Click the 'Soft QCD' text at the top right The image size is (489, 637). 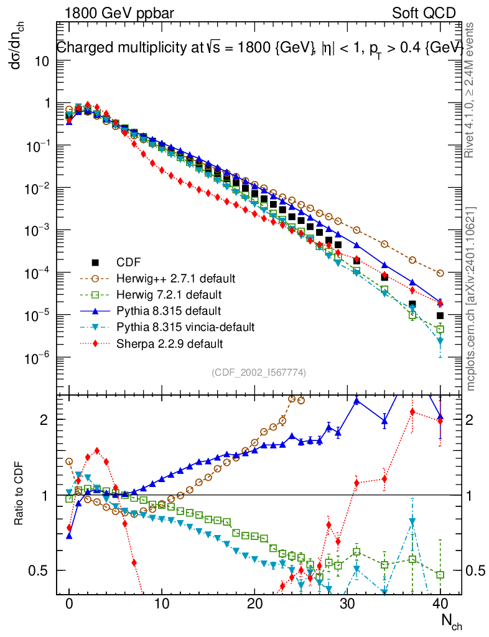pyautogui.click(x=424, y=13)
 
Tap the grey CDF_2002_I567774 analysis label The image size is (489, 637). pyautogui.click(x=258, y=372)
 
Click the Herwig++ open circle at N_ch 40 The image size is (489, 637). pyautogui.click(x=440, y=273)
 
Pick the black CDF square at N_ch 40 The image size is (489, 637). pyautogui.click(x=440, y=315)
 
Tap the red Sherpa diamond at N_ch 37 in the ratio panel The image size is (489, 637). pyautogui.click(x=412, y=411)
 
